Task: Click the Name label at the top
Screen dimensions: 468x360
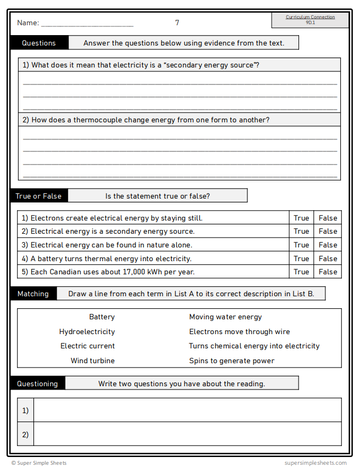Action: tap(27, 23)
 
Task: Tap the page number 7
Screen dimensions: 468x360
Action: tap(177, 23)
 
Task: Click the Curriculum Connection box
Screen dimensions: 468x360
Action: tap(310, 20)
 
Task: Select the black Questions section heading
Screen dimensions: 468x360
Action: tap(39, 43)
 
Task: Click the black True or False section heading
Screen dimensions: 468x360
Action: tap(38, 196)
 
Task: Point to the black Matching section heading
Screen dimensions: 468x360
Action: tap(33, 294)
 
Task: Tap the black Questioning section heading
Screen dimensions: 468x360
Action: tap(37, 384)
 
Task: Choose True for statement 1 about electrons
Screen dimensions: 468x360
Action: tap(301, 218)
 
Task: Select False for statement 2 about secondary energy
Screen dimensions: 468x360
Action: tap(328, 232)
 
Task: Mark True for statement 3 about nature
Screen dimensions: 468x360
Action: tap(301, 245)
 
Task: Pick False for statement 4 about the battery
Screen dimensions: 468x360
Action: tap(328, 258)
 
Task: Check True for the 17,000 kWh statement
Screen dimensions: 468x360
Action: tap(301, 272)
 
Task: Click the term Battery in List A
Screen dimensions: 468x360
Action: tap(102, 317)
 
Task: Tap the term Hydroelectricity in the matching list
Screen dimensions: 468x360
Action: tap(87, 331)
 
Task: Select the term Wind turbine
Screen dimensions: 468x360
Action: tap(93, 360)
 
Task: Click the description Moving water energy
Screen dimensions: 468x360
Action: tap(226, 317)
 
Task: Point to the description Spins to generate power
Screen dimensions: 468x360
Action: tap(232, 360)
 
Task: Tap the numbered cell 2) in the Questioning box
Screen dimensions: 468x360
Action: tap(25, 434)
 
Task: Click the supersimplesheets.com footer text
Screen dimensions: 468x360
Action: tap(316, 463)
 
